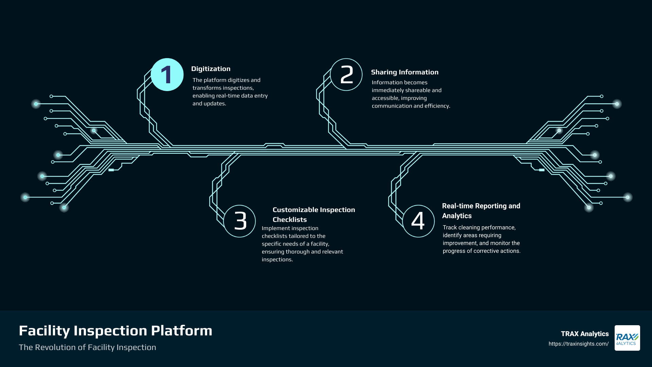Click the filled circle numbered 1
point(167,75)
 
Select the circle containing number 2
point(346,75)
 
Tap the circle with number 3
point(240,221)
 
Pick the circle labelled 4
point(418,221)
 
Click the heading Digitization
point(211,69)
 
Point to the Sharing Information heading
point(404,72)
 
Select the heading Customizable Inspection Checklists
point(313,214)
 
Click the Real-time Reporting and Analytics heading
point(481,211)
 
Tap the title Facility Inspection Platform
point(115,331)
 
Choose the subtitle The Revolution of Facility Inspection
point(87,347)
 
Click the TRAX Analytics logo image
point(627,338)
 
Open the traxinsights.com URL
point(578,344)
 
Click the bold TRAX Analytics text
point(584,334)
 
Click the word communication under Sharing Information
point(392,106)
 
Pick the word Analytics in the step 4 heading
point(457,216)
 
